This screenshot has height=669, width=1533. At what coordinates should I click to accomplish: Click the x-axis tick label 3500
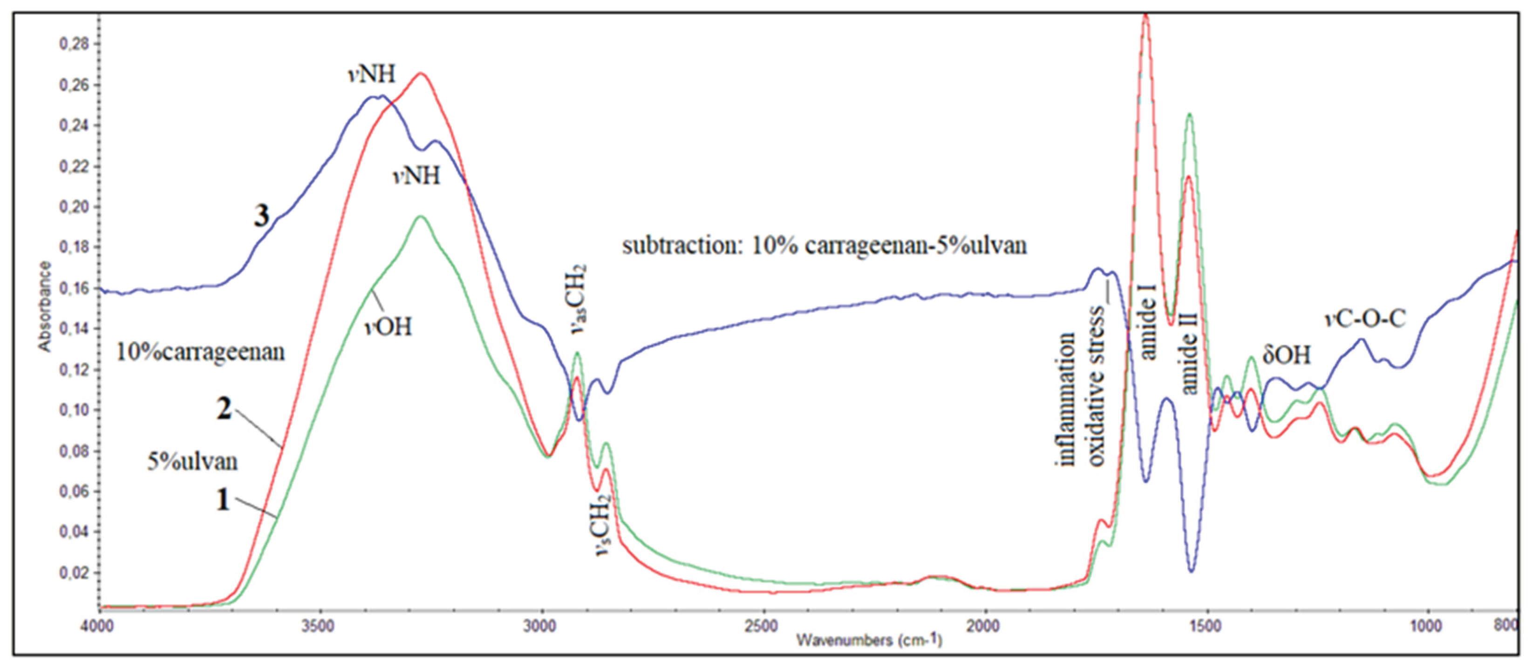click(320, 627)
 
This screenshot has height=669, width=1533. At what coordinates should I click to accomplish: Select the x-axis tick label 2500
click(763, 627)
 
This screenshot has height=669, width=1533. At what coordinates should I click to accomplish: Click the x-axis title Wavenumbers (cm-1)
click(869, 641)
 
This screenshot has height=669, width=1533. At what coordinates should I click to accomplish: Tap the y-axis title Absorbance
click(45, 307)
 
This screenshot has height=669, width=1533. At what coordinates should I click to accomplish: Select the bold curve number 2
click(224, 409)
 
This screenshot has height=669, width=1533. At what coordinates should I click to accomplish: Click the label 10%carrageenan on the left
click(201, 352)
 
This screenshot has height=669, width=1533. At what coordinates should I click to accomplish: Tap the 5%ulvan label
click(192, 461)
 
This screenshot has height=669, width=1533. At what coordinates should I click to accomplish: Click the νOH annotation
click(388, 326)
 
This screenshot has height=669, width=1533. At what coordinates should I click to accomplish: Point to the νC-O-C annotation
click(1364, 319)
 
